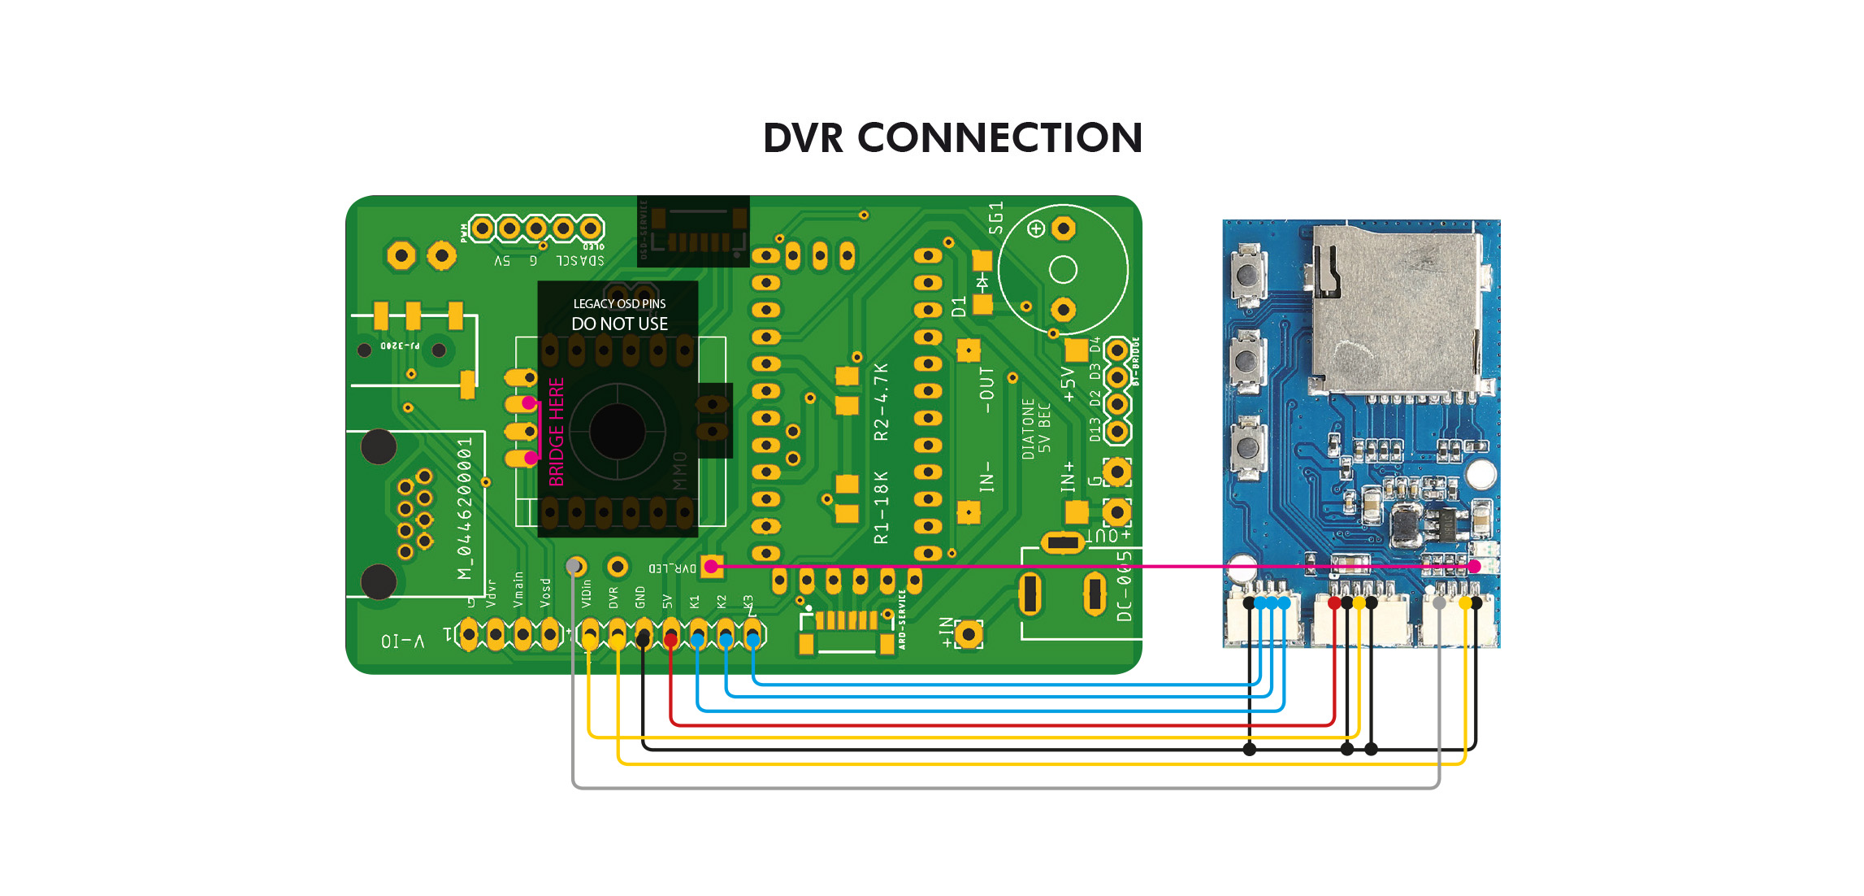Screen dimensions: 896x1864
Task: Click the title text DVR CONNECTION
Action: (x=952, y=138)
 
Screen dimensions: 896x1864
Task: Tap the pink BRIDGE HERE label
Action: (x=557, y=432)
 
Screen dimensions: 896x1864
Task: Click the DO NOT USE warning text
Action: (x=619, y=324)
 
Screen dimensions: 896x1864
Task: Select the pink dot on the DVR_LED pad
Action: (x=711, y=567)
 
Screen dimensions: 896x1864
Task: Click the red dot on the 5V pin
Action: (x=670, y=641)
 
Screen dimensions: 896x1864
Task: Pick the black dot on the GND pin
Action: (x=643, y=641)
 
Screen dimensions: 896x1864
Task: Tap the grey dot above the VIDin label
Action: (x=574, y=565)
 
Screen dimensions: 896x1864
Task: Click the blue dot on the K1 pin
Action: (x=697, y=641)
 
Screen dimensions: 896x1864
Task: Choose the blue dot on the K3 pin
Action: (x=753, y=641)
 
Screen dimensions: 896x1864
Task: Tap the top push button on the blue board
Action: (x=1246, y=275)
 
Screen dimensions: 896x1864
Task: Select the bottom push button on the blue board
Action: (x=1246, y=446)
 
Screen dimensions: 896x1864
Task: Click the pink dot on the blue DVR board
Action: (x=1474, y=567)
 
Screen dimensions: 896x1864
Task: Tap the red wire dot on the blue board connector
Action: (x=1334, y=603)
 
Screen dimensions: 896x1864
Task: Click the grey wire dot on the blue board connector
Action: (x=1439, y=603)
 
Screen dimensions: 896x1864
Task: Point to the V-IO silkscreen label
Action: (x=402, y=642)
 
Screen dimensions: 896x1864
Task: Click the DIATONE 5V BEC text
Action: (x=1036, y=428)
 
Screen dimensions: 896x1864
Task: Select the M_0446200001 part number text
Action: (x=464, y=508)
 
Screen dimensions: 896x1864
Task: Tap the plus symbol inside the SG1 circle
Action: (x=1036, y=229)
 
